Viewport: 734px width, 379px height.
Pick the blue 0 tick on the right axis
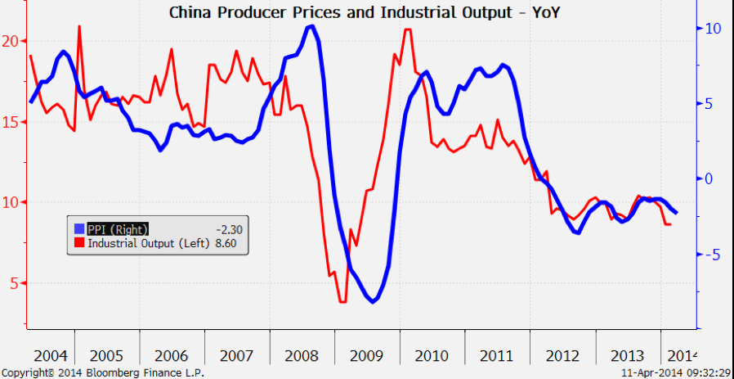click(x=709, y=178)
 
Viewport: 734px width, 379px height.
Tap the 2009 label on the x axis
click(x=367, y=357)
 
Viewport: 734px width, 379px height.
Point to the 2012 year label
click(x=562, y=357)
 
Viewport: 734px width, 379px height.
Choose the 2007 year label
click(x=237, y=357)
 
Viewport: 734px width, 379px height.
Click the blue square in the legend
click(x=79, y=229)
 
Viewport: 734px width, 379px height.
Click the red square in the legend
click(x=79, y=242)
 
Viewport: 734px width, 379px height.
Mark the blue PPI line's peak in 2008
click(x=311, y=26)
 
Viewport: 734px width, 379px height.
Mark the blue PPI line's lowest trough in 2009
click(x=373, y=302)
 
